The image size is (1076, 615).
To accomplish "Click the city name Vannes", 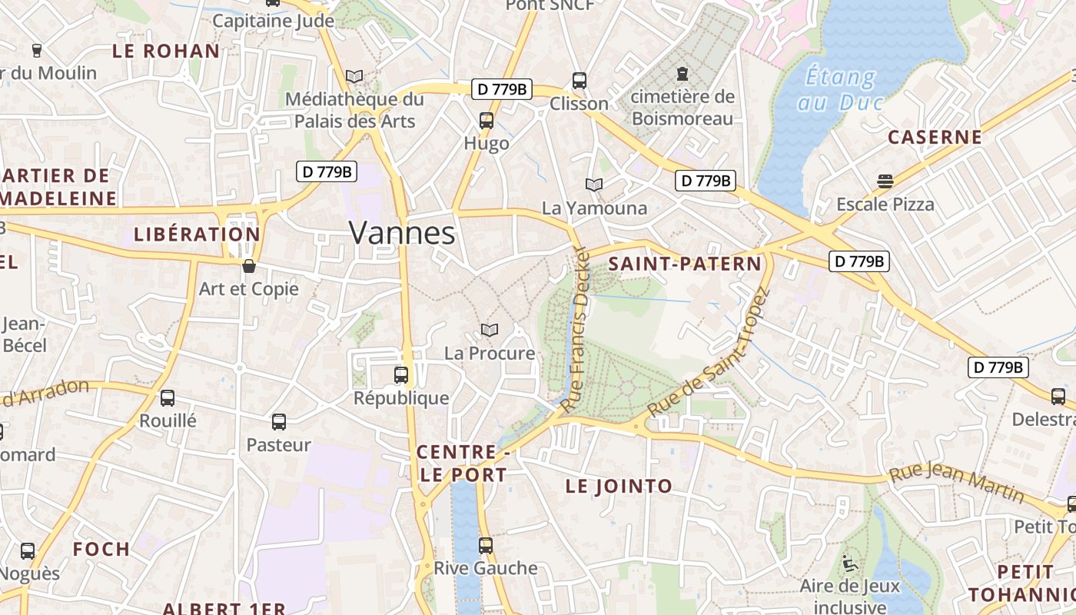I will pos(402,232).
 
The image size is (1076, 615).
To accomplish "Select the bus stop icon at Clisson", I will pos(580,80).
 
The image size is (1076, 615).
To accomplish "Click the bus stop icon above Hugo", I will pos(487,120).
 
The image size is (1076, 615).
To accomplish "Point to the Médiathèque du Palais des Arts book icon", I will pos(354,76).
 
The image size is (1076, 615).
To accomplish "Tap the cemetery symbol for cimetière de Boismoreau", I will pos(682,74).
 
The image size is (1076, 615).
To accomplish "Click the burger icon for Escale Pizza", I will pos(885,181).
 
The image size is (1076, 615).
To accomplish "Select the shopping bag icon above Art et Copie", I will pos(249,266).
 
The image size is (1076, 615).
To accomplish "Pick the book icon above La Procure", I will pos(490,330).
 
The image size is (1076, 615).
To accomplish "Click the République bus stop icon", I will pos(401,375).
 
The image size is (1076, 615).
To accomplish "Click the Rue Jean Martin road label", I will pos(956,483).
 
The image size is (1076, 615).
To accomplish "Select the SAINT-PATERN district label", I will pos(684,264).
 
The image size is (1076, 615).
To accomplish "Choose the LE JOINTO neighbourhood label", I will pos(619,486).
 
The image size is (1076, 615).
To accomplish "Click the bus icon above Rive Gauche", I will pos(486,545).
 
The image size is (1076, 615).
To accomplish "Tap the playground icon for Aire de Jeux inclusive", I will pos(849,563).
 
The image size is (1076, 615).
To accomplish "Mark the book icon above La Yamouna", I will pos(594,184).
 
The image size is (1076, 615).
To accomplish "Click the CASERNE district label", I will pos(935,138).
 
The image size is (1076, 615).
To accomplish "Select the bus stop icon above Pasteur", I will pos(279,421).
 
